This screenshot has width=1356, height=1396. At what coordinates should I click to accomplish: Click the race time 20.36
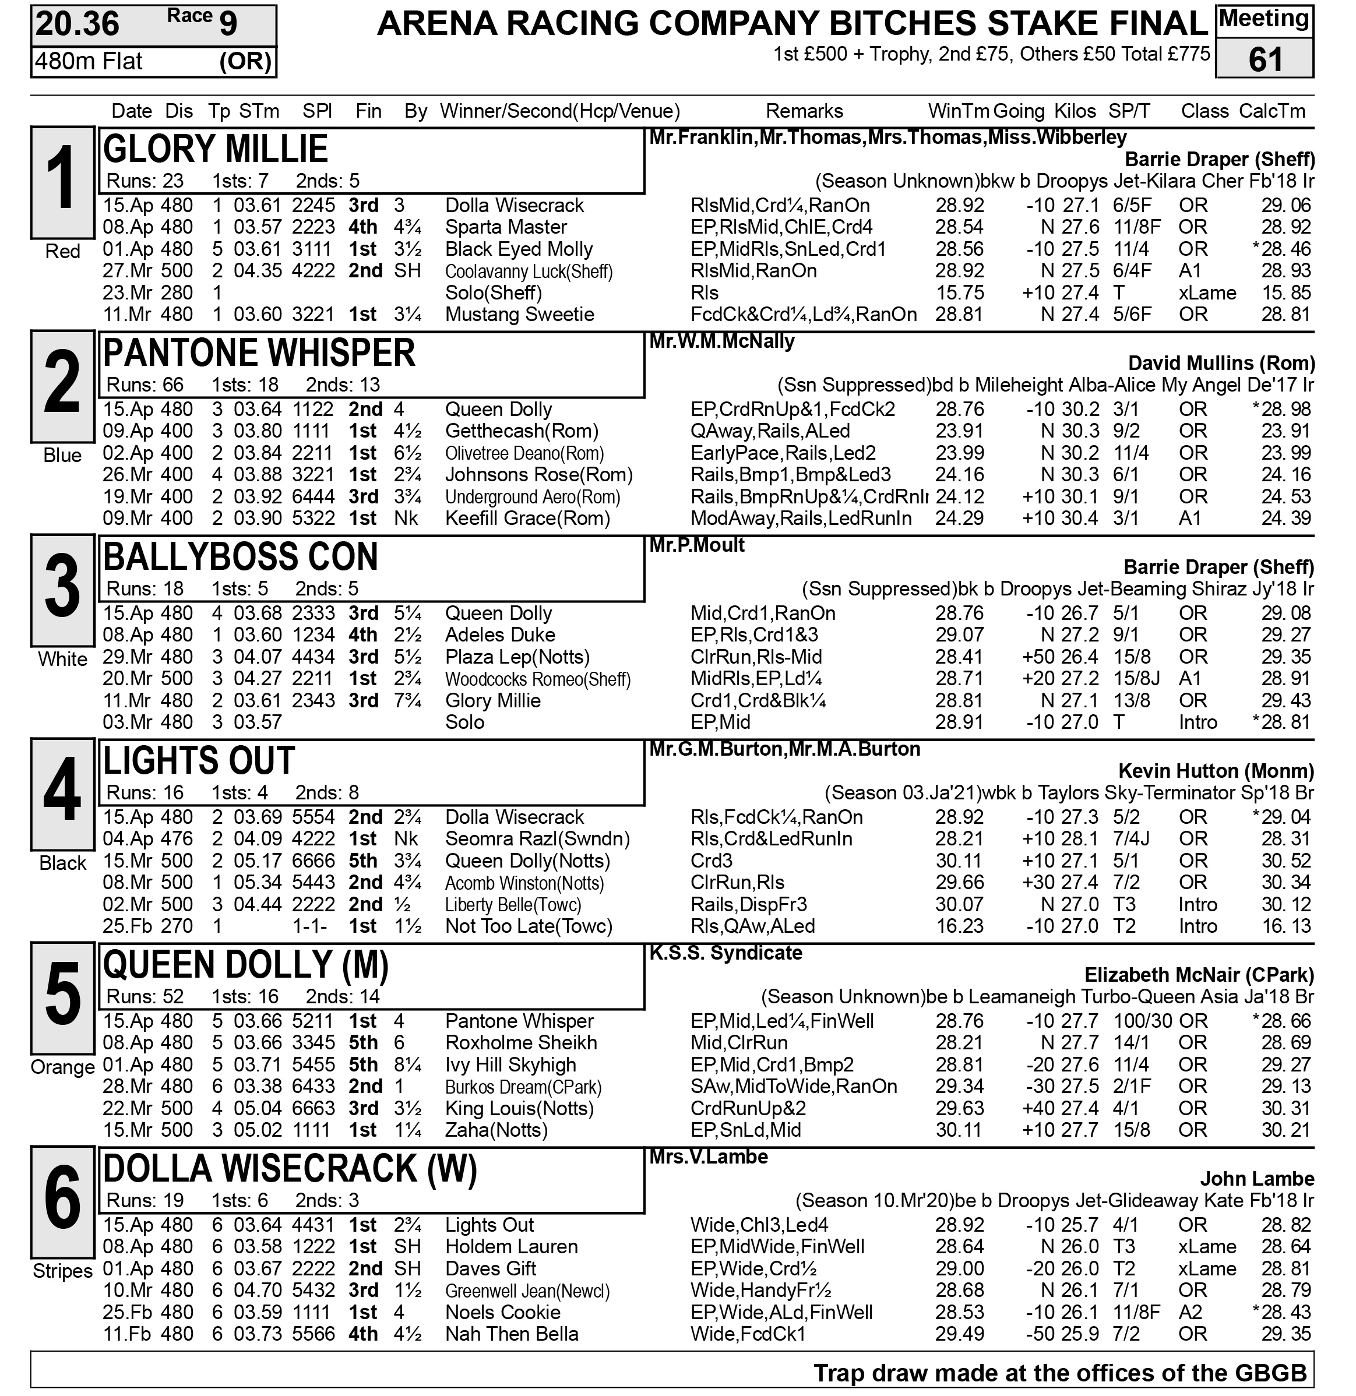pos(78,24)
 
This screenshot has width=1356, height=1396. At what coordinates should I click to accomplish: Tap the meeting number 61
pos(1265,59)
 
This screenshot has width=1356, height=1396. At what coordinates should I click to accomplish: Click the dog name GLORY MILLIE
pos(215,150)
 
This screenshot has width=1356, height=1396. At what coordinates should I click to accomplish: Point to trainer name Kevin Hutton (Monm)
pos(1216,771)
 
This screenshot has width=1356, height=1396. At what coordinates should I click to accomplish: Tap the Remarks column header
pos(804,111)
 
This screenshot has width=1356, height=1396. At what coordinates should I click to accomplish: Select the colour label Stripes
pos(63,1271)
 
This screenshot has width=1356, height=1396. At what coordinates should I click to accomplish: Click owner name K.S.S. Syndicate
pos(725,953)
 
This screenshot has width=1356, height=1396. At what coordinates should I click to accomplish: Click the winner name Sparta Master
pos(506,227)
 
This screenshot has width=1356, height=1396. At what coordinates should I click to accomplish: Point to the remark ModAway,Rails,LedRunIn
pos(801,519)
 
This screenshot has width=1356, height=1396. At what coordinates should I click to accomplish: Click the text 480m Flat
pos(89,62)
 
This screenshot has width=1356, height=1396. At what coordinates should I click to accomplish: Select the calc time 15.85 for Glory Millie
pos(1285,292)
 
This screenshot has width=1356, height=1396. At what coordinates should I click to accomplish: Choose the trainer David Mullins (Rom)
pos(1221,363)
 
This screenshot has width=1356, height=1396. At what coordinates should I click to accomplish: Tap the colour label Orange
pos(63,1067)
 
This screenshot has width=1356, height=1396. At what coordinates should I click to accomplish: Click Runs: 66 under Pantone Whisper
pos(145,385)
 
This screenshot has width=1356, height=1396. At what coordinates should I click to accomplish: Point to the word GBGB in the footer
pos(1272,1373)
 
